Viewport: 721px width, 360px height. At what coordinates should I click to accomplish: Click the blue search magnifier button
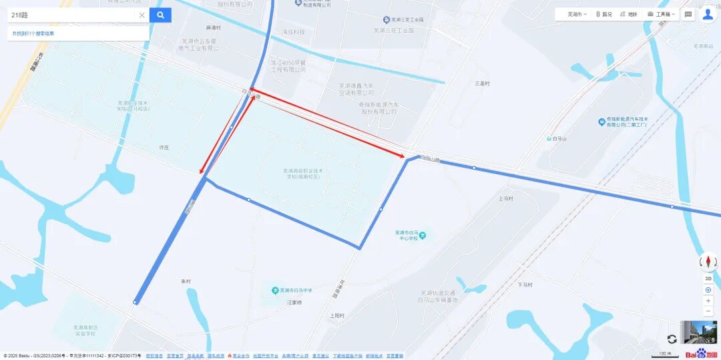(x=160, y=15)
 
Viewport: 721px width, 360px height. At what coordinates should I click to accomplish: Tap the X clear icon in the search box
(x=142, y=15)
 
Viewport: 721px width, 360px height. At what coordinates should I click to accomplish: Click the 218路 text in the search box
(x=20, y=15)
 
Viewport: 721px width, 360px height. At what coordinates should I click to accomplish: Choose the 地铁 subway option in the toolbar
(x=629, y=14)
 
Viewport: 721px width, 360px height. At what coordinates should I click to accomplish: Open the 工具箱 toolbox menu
(x=662, y=14)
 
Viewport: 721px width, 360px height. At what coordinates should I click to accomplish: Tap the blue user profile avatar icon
(x=708, y=14)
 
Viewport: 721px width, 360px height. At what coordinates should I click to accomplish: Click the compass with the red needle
(x=708, y=262)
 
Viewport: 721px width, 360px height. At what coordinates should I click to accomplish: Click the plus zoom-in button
(x=708, y=301)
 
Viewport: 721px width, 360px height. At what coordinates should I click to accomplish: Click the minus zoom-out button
(x=708, y=311)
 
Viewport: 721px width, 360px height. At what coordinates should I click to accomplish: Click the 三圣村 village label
(x=482, y=83)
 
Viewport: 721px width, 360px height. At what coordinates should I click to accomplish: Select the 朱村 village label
(x=186, y=282)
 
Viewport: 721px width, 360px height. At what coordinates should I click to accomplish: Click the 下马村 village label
(x=525, y=285)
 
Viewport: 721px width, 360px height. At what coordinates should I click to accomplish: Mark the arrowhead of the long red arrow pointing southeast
(x=403, y=157)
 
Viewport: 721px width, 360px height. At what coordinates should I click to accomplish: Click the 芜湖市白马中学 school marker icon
(x=275, y=291)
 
